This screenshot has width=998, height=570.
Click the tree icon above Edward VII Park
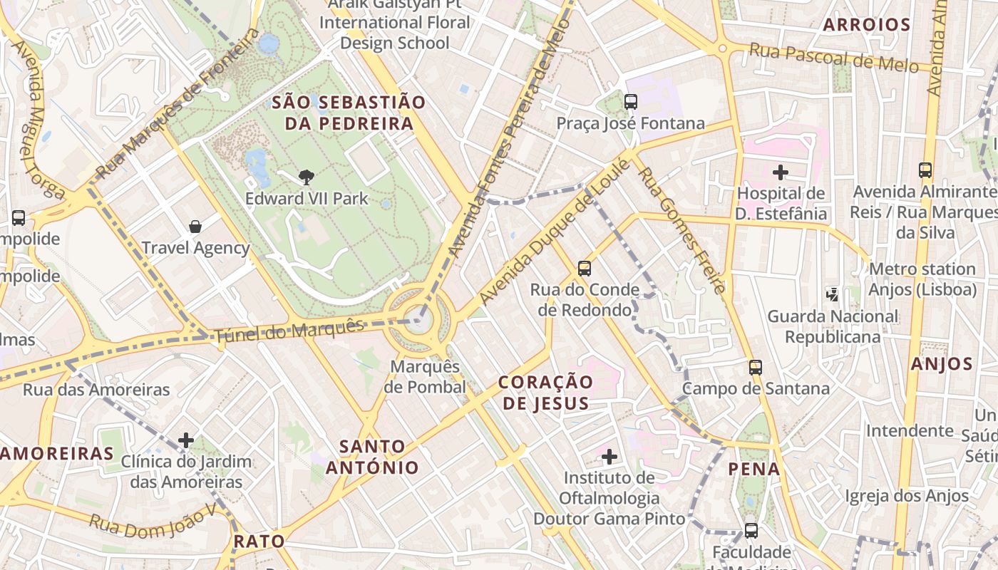pos(307,177)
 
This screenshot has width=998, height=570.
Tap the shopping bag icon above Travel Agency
pos(195,227)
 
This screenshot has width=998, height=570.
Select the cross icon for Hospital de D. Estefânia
pos(781,172)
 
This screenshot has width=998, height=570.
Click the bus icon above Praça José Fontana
pos(631,102)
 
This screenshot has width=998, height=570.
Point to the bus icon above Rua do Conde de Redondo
pos(585,269)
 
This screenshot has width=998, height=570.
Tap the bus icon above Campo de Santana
pos(756,368)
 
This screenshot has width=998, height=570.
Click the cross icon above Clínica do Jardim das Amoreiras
pos(186,440)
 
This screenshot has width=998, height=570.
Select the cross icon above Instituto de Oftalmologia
pos(609,456)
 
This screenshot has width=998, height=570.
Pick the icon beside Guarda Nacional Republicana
pos(832,294)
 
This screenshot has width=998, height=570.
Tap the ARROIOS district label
pos(866,25)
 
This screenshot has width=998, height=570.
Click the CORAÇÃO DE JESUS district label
pos(545,393)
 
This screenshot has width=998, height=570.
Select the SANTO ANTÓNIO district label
pos(372,457)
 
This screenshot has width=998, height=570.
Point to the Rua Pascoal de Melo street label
pos(833,57)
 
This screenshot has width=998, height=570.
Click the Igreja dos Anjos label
pos(907,496)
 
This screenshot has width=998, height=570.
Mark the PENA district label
pos(754,470)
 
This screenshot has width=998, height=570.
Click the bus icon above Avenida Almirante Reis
pos(925,170)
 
